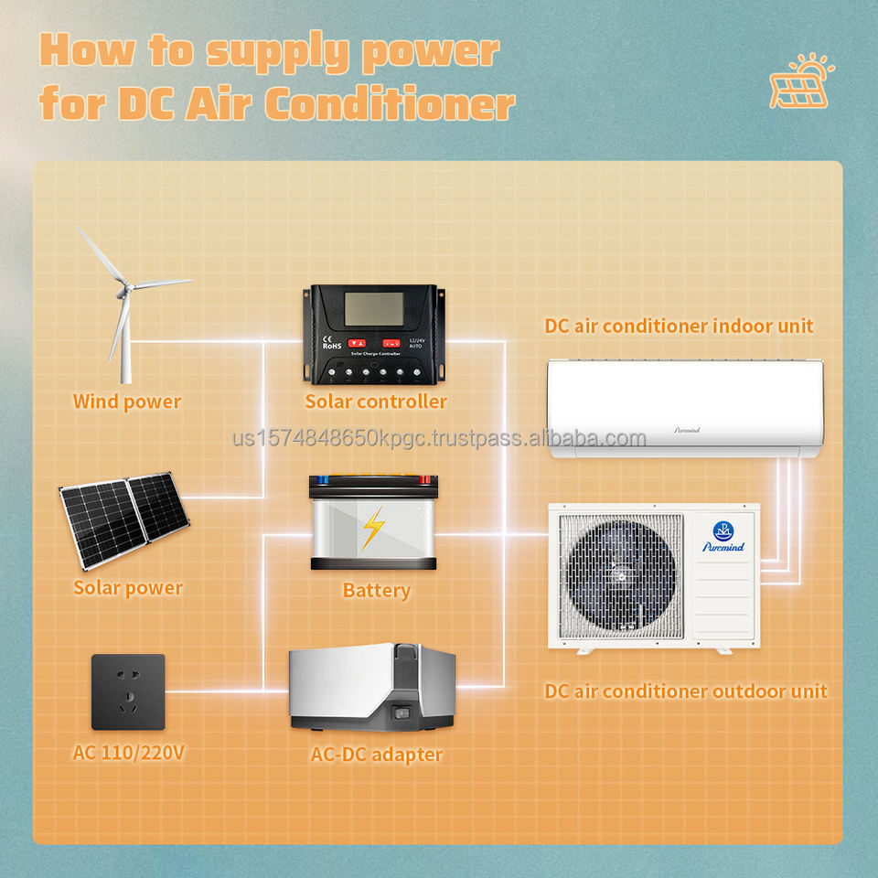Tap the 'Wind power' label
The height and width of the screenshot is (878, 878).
click(x=127, y=402)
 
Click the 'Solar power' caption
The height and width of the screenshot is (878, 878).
click(x=128, y=588)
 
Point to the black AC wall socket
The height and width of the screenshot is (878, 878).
click(x=128, y=691)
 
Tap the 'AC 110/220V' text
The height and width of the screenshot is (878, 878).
click(x=128, y=755)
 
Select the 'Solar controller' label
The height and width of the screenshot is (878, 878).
click(x=376, y=402)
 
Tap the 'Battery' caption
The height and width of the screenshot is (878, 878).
click(x=376, y=590)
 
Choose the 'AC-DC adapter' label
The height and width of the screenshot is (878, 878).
click(x=376, y=755)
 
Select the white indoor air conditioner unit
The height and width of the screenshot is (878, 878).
click(x=684, y=408)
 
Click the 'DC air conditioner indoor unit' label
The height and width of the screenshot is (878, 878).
click(x=679, y=326)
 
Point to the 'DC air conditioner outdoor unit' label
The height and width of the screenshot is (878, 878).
click(x=686, y=691)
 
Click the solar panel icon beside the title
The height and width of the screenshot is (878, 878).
click(x=802, y=82)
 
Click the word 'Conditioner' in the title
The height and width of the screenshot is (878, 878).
click(x=389, y=104)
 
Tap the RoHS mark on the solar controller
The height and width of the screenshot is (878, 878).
click(x=332, y=347)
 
